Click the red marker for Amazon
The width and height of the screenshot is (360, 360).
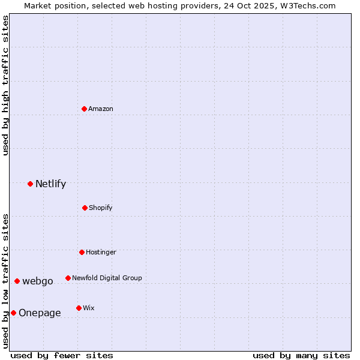coord(85,109)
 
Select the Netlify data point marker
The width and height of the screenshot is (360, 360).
coord(30,184)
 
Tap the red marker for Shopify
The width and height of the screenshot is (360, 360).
coord(85,208)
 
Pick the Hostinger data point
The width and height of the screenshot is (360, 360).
coord(82,252)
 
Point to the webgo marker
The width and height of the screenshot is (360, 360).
coord(17,281)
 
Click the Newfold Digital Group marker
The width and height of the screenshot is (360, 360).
coord(68,278)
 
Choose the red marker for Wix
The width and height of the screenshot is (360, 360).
coord(79,308)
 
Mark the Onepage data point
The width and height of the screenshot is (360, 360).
coord(13,313)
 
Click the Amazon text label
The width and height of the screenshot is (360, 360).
coord(101,109)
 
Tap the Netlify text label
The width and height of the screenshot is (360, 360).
coord(51,184)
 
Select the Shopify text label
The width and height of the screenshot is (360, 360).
coord(101,208)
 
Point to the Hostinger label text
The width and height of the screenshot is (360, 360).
coord(101,252)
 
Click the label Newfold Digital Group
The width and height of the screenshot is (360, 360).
coord(107,278)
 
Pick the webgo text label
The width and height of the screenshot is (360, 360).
coord(38,281)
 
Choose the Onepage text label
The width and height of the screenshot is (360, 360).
coord(40,313)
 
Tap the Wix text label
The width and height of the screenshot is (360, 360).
coord(89,308)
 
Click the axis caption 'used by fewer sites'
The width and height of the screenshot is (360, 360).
coord(62,355)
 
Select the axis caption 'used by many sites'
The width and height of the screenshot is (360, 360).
coord(301,355)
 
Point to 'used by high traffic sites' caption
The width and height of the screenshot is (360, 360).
coord(5,85)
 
